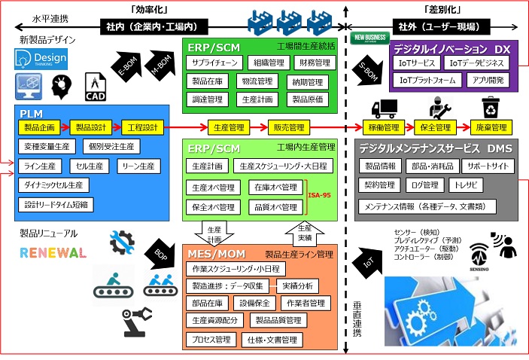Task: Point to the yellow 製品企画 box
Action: pos(39,127)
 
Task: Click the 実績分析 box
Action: pos(299,285)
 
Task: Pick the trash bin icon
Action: pos(491,107)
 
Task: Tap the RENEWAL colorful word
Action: pos(53,252)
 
